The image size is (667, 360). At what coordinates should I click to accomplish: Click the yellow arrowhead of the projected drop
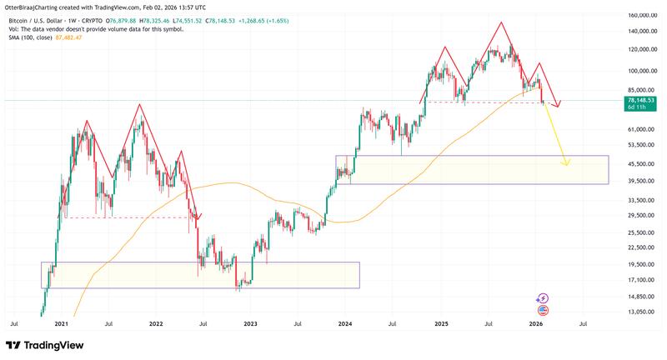[x=566, y=162]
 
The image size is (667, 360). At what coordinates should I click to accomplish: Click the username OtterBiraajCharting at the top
[x=35, y=4]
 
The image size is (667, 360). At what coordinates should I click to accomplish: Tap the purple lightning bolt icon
[x=543, y=297]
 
